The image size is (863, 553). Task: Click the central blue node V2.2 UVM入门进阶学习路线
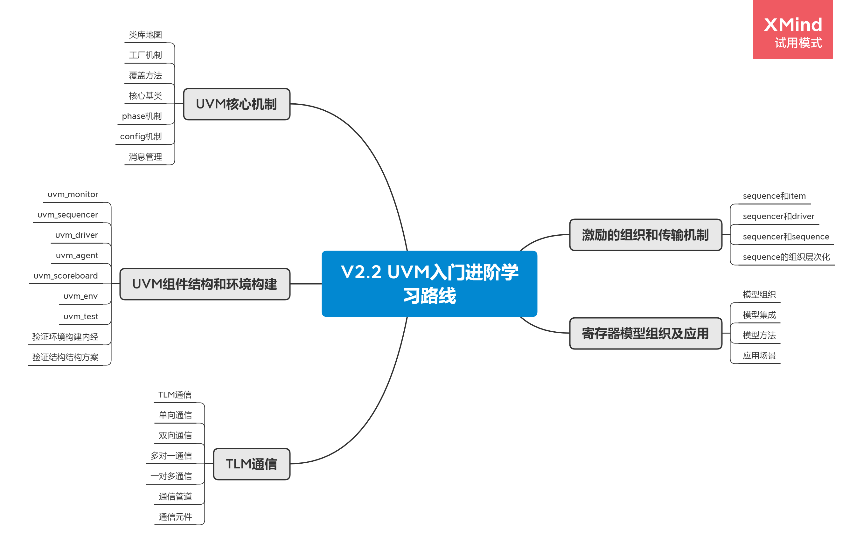point(429,284)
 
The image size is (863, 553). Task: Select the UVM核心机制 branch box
point(236,104)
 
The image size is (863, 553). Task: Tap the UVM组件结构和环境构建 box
point(205,284)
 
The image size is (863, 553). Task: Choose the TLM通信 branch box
point(251,464)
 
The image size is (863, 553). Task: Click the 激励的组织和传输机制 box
point(645,235)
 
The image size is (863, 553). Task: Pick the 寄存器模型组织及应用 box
point(645,334)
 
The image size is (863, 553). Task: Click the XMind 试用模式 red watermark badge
point(793,30)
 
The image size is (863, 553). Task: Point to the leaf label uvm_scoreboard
point(66,276)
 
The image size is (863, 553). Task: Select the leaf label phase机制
point(142,116)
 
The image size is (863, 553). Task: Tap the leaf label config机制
point(141,137)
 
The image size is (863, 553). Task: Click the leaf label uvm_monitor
point(73,195)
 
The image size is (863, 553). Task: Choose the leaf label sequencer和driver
point(778,217)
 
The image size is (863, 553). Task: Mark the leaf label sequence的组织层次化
point(786,257)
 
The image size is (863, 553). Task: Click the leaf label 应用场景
point(759,356)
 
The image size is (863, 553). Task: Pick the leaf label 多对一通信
point(171,456)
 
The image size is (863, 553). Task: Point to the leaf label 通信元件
point(175,517)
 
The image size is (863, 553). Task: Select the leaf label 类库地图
point(145,35)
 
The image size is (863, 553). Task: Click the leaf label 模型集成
point(759,315)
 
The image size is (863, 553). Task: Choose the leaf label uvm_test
point(81,317)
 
